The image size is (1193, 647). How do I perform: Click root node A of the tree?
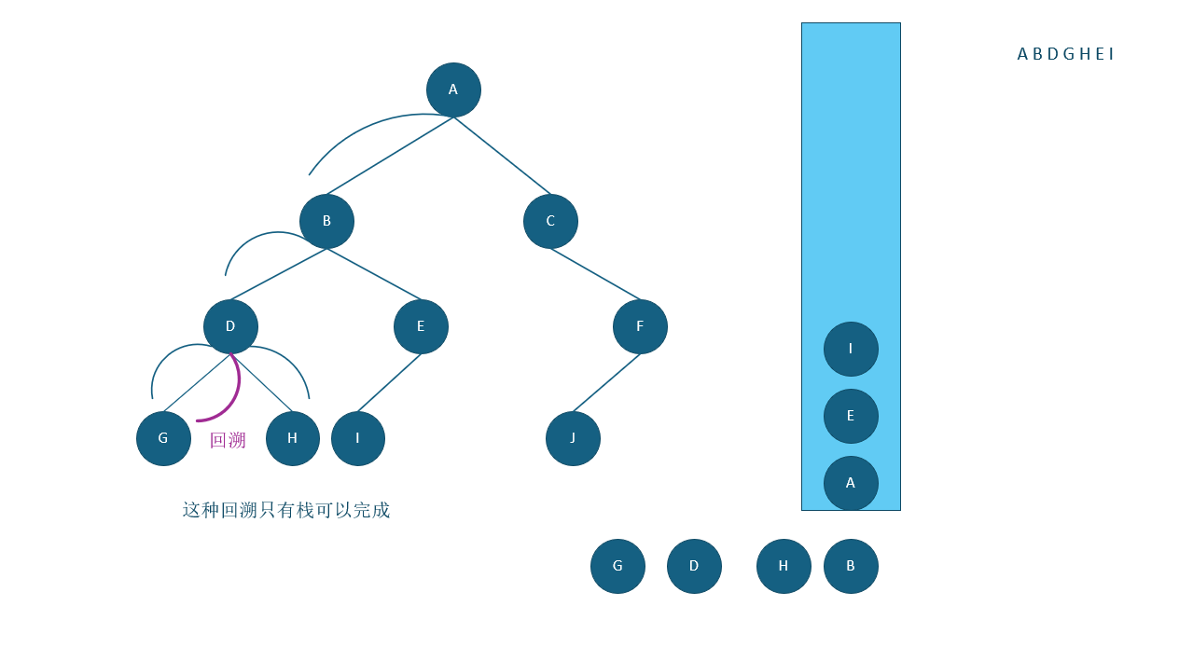tap(453, 89)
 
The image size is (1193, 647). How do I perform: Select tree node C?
tap(550, 221)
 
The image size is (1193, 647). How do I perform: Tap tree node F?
tap(640, 326)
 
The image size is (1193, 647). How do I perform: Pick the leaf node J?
tap(573, 438)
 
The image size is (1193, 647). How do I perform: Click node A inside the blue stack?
tap(851, 483)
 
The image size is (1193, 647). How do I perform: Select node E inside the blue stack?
tap(851, 416)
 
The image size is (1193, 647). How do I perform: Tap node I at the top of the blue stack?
tap(851, 349)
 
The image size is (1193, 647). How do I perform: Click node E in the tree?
tap(421, 326)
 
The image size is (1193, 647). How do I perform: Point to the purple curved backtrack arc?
tap(235, 396)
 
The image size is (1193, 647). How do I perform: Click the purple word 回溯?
tap(228, 440)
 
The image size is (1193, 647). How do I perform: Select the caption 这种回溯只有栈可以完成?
tap(286, 510)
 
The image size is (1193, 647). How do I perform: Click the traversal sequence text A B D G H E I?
tap(1065, 54)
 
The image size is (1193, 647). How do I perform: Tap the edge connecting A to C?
tap(503, 156)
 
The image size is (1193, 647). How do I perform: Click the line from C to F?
tap(595, 274)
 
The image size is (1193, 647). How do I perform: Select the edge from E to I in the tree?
tap(389, 382)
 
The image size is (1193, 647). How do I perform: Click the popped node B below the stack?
tap(851, 566)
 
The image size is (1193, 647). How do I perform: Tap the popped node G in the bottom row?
tap(617, 566)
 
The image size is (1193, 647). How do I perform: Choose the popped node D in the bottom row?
tap(694, 566)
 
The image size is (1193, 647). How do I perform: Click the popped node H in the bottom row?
tap(784, 566)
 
